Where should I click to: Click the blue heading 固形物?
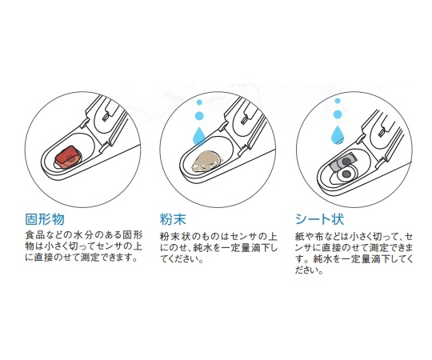click(45, 219)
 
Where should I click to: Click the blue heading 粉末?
click(173, 219)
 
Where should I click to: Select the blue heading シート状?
click(319, 219)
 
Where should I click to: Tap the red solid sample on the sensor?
click(68, 157)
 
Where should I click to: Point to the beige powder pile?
click(206, 161)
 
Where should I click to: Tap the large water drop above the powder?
click(199, 136)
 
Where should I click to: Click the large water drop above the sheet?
click(338, 134)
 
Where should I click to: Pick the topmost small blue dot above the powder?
click(199, 102)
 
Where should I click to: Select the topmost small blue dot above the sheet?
click(338, 101)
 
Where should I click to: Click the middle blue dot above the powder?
click(199, 115)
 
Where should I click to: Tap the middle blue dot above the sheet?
click(338, 114)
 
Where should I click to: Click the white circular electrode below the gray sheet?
click(346, 174)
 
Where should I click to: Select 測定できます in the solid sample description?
click(109, 258)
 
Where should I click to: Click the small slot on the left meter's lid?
click(106, 117)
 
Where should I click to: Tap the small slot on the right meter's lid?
click(382, 132)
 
